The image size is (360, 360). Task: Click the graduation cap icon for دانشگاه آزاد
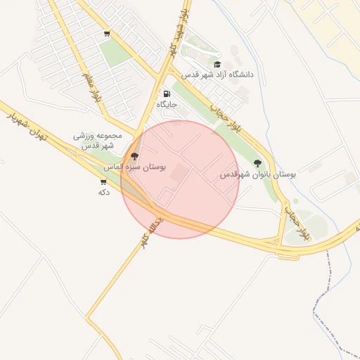(x=217, y=65)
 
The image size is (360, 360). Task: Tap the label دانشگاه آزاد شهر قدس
(x=217, y=75)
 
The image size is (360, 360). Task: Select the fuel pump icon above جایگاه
(x=167, y=94)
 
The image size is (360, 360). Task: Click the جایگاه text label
(x=167, y=104)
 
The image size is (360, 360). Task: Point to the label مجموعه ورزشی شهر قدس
(x=98, y=140)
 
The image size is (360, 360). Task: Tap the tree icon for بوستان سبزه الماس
(x=135, y=156)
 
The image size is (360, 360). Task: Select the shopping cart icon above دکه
(x=104, y=181)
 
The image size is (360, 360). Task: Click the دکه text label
(x=104, y=191)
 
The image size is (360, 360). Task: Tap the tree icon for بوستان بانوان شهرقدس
(x=257, y=163)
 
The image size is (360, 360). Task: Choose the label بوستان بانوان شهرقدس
(x=258, y=174)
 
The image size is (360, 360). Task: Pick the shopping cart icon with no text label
(x=106, y=33)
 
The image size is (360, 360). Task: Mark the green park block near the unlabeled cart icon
(x=112, y=53)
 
